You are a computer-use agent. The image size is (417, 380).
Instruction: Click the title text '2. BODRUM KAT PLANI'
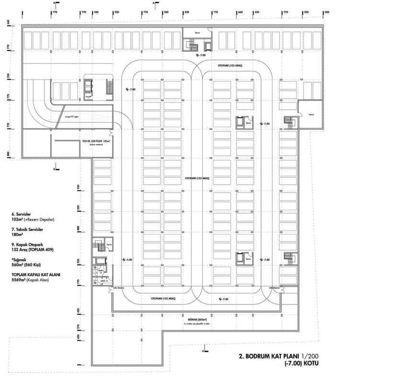(269, 357)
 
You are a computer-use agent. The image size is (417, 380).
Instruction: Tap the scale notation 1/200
(310, 357)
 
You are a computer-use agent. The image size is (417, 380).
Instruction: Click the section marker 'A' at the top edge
(153, 3)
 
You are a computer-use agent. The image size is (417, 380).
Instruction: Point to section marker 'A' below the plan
(204, 351)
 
